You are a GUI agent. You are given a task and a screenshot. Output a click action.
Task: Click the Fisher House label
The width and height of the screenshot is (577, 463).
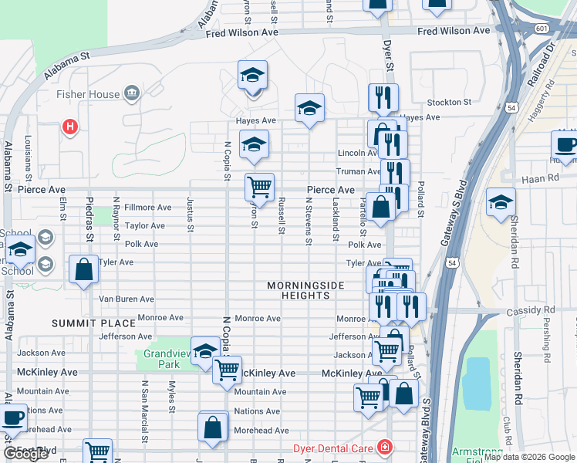(88, 94)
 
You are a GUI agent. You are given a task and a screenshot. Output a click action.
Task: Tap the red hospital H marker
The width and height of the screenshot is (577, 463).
(70, 127)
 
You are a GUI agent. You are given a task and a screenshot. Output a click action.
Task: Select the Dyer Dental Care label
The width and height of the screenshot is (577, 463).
(333, 448)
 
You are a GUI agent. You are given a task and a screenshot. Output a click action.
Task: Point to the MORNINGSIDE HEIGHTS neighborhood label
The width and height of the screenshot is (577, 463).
(305, 290)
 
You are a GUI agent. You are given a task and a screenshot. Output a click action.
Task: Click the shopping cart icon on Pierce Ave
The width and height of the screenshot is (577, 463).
(259, 187)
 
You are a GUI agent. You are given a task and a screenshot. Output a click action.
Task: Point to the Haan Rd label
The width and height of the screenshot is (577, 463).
(544, 177)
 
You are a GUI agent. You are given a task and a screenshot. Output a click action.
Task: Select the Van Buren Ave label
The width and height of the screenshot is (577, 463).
(127, 299)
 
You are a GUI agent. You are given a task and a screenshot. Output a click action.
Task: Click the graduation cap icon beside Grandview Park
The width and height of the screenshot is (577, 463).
(205, 352)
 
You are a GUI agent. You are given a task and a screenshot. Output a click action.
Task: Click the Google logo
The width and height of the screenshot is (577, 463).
(25, 454)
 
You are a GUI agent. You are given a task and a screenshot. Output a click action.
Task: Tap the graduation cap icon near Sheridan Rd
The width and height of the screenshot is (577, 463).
(501, 202)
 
